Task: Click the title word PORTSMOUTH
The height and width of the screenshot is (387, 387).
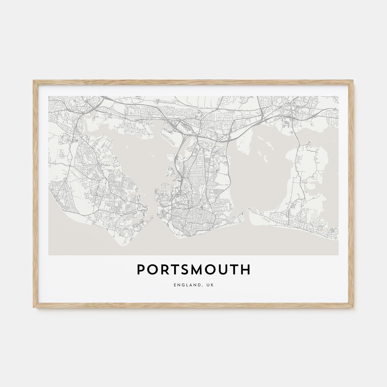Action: (x=193, y=270)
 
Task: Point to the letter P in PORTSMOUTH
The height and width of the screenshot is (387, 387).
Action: (x=140, y=270)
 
